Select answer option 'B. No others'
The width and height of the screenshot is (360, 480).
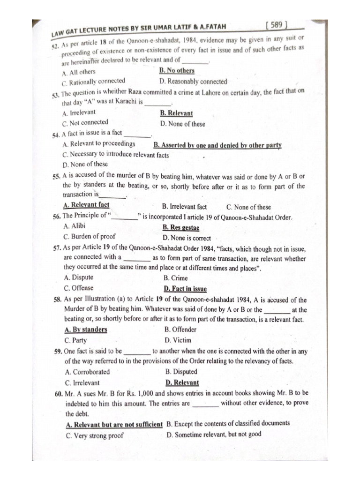coord(177,71)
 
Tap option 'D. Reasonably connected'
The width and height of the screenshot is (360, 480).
coord(193,82)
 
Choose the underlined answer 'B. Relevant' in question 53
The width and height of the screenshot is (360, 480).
coord(176,113)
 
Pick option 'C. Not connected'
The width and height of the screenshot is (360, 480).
coord(85,123)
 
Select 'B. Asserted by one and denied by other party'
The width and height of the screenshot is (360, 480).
coord(217,145)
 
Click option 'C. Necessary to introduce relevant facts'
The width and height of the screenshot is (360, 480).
coord(116,154)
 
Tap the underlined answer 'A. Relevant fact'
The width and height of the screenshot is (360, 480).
coord(86,205)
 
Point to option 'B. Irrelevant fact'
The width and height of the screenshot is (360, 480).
coord(184,207)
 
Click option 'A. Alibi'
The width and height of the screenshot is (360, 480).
coord(74,226)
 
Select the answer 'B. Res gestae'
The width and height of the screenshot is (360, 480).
coord(181,228)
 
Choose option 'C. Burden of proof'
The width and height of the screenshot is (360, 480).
coord(89,237)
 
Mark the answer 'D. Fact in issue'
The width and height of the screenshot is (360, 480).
coord(185,289)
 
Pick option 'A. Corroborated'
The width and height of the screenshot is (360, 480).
coord(87,372)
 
